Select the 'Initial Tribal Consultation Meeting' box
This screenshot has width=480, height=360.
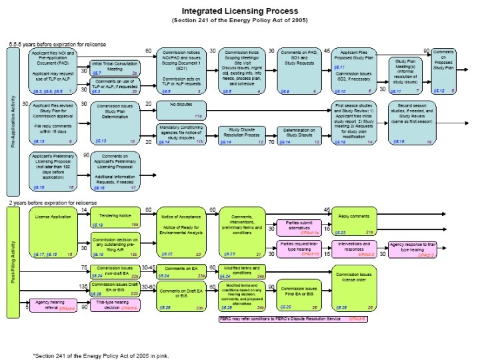pos(115,67)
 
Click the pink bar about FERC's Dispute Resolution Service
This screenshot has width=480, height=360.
pos(294,319)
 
